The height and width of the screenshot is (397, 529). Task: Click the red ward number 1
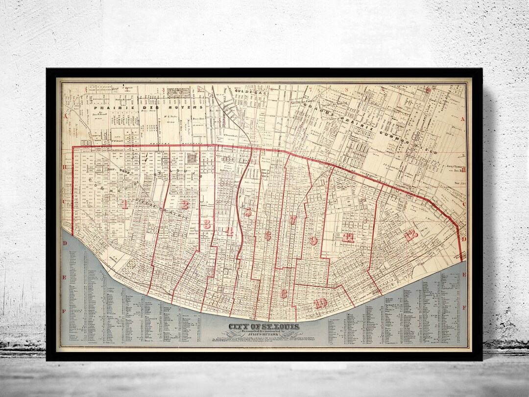click(x=125, y=204)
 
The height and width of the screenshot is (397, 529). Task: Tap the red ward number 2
click(x=184, y=205)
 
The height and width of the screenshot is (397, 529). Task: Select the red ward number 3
click(x=207, y=224)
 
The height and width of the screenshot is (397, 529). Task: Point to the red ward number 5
click(x=248, y=212)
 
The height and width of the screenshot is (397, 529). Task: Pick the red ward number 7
click(x=293, y=220)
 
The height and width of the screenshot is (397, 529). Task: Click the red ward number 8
click(x=284, y=294)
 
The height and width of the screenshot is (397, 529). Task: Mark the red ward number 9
click(x=314, y=240)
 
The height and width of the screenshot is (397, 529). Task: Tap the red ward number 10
click(x=321, y=303)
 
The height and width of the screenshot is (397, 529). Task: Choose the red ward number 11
click(x=348, y=238)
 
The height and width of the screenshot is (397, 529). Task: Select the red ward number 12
click(x=411, y=235)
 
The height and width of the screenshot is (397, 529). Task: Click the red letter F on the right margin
click(x=464, y=307)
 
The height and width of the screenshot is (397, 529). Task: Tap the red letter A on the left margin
click(x=64, y=116)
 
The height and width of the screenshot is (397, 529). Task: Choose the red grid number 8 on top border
click(x=347, y=90)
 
